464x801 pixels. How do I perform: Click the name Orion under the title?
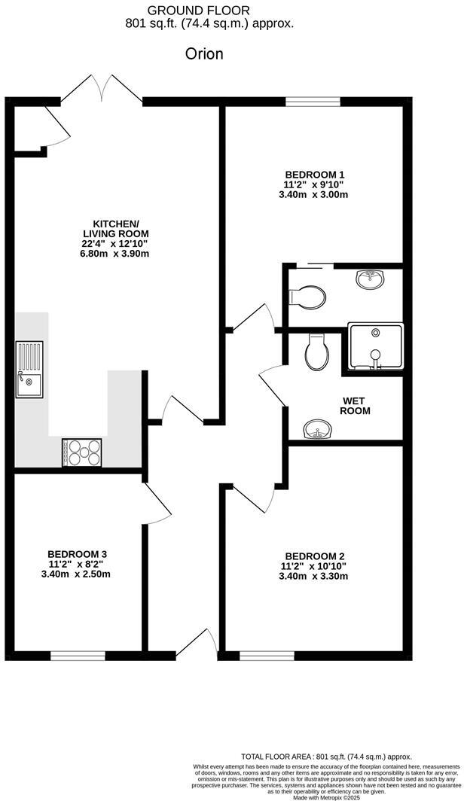[x=204, y=54]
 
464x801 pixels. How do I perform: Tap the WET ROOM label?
[x=356, y=405]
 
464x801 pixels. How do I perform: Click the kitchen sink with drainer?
[x=30, y=369]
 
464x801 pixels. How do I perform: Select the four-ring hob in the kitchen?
[x=84, y=452]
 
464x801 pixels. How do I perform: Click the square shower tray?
[x=375, y=348]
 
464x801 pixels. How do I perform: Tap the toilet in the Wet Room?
[x=316, y=352]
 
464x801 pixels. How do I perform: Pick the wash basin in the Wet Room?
[x=319, y=431]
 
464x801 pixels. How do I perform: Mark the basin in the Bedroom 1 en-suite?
[x=370, y=280]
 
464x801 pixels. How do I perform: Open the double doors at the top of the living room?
[x=102, y=88]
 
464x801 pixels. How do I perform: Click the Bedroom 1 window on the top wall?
[x=313, y=101]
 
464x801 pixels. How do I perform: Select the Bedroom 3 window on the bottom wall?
[x=78, y=656]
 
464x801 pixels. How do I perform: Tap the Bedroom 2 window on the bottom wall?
[x=267, y=656]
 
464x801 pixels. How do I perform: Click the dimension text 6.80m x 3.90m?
[x=116, y=254]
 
